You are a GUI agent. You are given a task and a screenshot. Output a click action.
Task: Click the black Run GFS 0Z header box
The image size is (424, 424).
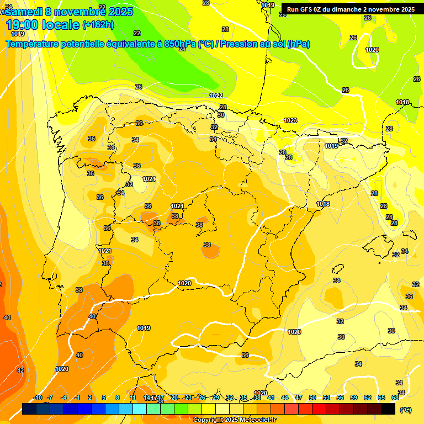pyautogui.click(x=351, y=9)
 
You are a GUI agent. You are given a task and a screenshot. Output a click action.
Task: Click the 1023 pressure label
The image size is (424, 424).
pyautogui.click(x=290, y=120)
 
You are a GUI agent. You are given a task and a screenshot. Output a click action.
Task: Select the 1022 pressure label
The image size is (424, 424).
pyautogui.click(x=216, y=96)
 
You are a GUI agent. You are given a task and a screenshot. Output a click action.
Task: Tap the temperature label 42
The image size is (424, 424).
pyautogui.click(x=20, y=370)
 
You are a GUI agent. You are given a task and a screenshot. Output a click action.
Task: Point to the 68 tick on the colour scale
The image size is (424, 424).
pyautogui.click(x=395, y=397)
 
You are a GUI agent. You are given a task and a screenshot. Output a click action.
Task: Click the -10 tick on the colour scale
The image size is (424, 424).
pyautogui.click(x=38, y=397)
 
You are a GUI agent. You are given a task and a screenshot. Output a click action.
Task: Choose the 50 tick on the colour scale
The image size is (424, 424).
pyautogui.click(x=312, y=397)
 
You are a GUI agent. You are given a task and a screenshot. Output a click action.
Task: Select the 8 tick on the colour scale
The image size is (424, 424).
pyautogui.click(x=118, y=397)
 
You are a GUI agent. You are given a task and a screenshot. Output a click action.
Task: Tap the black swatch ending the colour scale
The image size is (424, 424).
pyautogui.click(x=388, y=409)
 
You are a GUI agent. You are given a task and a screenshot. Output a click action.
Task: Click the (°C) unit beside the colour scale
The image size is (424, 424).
pyautogui.click(x=406, y=410)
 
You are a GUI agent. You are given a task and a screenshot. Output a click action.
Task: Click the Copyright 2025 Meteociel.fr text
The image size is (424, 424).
pyautogui.click(x=235, y=420)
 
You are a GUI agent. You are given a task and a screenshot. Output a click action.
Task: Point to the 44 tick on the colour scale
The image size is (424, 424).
pyautogui.click(x=285, y=397)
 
